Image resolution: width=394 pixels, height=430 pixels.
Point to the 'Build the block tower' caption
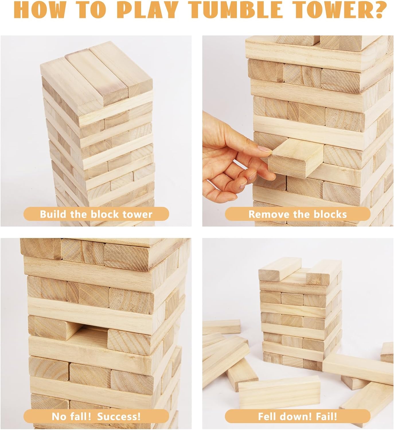[x=96, y=214]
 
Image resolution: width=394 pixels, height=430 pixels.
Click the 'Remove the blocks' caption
[x=297, y=214]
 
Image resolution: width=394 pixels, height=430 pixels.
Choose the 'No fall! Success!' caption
[x=96, y=416]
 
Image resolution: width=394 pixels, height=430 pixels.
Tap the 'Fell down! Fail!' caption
[x=297, y=416]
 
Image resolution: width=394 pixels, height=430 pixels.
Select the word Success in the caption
[x=119, y=416]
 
